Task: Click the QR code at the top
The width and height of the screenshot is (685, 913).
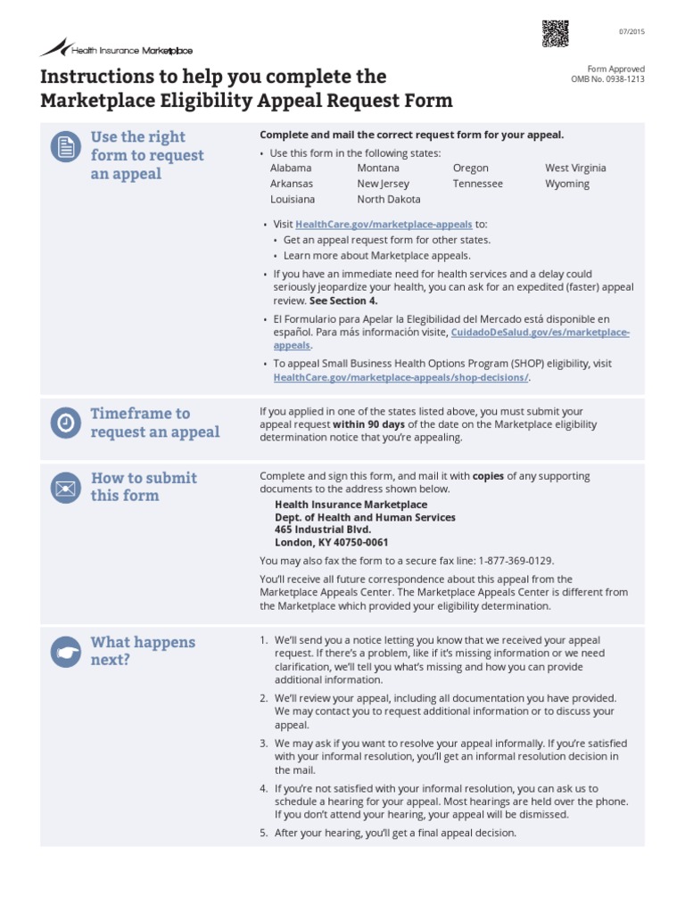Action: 554,33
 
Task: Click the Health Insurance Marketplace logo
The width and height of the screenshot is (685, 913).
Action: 116,49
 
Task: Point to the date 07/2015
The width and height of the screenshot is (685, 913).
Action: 631,32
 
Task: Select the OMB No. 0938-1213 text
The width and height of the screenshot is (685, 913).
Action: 607,79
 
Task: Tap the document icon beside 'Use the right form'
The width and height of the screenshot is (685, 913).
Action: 64,148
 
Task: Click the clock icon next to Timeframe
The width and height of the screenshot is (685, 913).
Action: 64,424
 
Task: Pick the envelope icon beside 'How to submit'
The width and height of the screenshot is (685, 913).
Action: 64,489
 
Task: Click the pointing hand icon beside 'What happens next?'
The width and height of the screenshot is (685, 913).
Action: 64,653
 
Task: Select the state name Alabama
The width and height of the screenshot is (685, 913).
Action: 291,168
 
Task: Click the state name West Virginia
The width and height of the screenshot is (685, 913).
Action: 575,168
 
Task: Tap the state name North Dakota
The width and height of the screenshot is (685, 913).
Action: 388,200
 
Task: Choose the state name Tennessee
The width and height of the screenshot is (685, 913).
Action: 477,184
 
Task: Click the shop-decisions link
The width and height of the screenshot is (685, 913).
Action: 401,377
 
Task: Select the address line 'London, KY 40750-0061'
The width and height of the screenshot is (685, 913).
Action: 331,542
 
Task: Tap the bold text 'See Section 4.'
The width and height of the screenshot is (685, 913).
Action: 343,300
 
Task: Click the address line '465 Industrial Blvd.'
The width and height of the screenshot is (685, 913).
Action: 322,530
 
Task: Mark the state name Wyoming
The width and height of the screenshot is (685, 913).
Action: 567,184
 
